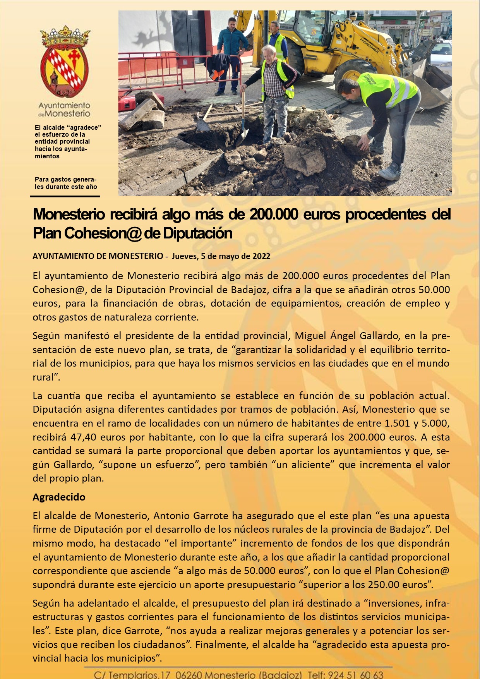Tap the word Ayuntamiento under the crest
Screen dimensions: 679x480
[x=64, y=105]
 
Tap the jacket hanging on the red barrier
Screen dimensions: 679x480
[x=218, y=66]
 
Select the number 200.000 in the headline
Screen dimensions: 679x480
[x=274, y=214]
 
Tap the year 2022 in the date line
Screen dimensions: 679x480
[x=261, y=256]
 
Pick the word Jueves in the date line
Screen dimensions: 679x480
[x=184, y=256]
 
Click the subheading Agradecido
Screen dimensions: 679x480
[x=59, y=497]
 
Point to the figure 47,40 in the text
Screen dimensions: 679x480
[x=83, y=437]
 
